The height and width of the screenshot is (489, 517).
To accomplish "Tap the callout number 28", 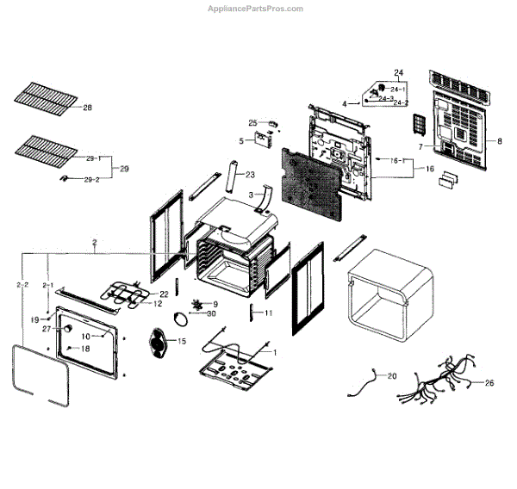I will point(86,108).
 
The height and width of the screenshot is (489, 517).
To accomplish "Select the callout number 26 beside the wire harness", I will point(489,383).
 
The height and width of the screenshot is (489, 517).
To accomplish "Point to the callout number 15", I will point(181,342).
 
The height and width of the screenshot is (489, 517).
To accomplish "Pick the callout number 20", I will point(391,376).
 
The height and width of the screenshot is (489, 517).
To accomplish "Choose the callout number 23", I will point(250,175).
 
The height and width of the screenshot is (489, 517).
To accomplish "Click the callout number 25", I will point(252,122).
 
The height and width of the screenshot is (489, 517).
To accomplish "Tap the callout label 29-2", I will point(90,179).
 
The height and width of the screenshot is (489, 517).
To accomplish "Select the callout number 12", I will point(157,304).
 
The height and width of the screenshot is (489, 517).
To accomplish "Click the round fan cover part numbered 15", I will point(159,342).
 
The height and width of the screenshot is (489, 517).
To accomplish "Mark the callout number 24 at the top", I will point(399,71).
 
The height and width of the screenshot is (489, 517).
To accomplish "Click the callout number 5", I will point(241,140).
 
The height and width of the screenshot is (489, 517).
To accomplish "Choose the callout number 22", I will point(164,294).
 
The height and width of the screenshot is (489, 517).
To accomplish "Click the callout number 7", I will point(420,147).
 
